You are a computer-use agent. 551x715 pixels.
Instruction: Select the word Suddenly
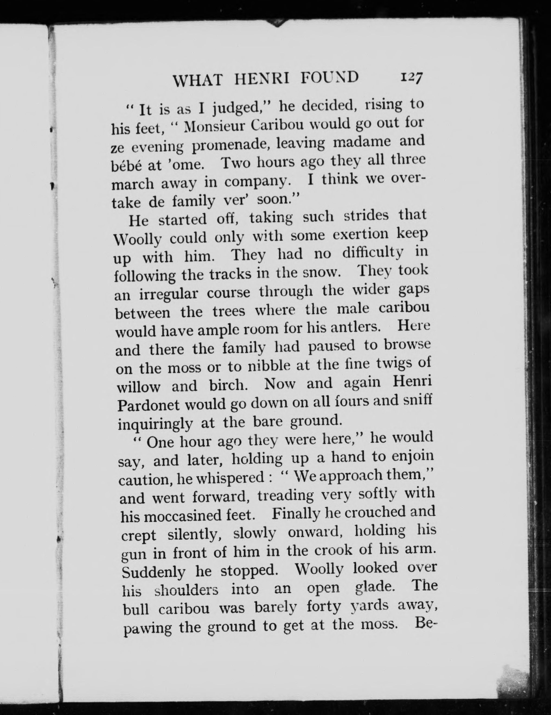click(x=153, y=572)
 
